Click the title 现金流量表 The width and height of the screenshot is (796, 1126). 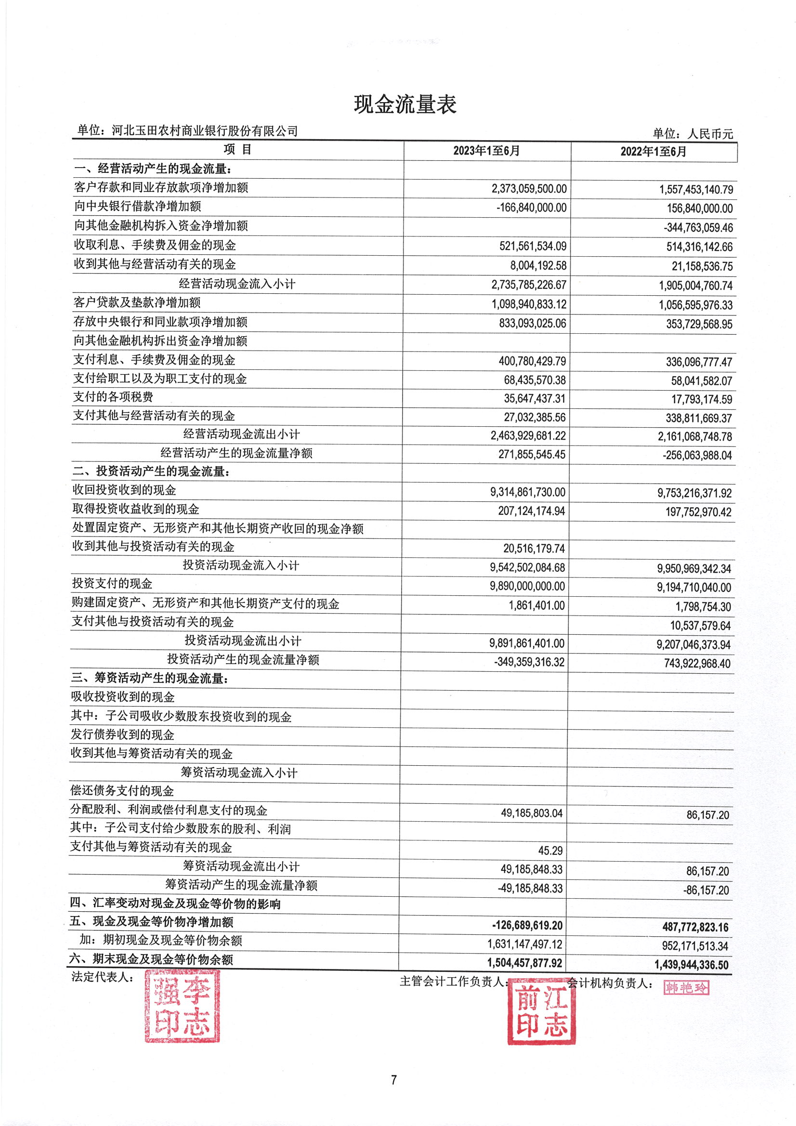coord(405,105)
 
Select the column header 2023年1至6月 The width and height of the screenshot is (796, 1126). coord(486,151)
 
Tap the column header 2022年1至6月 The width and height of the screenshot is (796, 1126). coord(653,152)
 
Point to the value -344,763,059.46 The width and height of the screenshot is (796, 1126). coord(698,227)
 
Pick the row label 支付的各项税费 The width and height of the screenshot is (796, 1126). coord(113,397)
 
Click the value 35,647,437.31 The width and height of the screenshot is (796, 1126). coord(535,398)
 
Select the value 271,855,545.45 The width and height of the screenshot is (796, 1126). coord(532,454)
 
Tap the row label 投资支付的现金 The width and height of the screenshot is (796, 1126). coord(112,583)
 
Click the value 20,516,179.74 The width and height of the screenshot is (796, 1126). coord(534,548)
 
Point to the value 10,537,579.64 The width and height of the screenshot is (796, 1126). coord(700,626)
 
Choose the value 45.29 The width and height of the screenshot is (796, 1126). coord(550,851)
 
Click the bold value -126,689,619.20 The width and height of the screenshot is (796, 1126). coord(527,926)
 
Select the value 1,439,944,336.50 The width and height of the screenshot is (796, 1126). coord(691,965)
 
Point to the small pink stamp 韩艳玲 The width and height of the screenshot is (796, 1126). coord(686,987)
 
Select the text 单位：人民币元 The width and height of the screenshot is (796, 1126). coord(692,133)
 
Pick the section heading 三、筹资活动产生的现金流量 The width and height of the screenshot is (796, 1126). coord(150,678)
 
